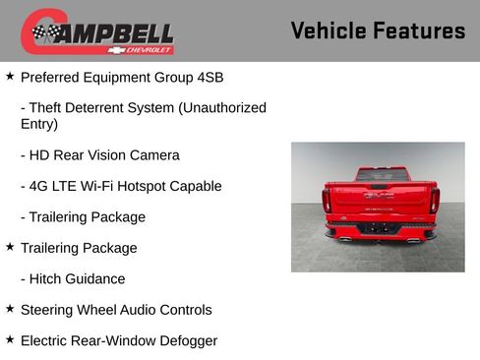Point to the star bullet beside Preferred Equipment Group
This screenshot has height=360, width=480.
(x=10, y=76)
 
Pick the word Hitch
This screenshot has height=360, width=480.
(x=50, y=279)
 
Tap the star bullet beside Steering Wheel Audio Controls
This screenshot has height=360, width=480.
(x=10, y=309)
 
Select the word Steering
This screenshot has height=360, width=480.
(x=50, y=310)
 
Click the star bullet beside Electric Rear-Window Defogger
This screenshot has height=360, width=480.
(x=10, y=339)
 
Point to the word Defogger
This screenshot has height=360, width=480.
(x=187, y=341)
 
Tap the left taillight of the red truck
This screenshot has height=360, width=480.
(x=327, y=200)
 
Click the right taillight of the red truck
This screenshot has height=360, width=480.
(x=433, y=200)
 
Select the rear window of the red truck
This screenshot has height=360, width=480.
(x=380, y=174)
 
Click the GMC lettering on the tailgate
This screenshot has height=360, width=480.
(x=379, y=195)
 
